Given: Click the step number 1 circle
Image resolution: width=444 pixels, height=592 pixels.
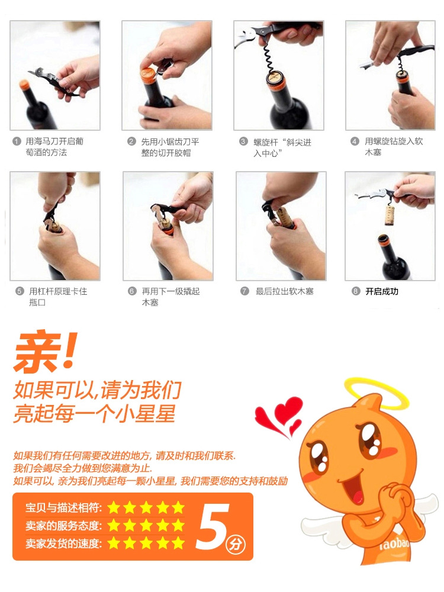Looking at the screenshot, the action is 17,141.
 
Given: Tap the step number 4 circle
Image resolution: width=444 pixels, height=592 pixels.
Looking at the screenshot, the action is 355,141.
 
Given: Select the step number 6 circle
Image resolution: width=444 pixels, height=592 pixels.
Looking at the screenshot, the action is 132,291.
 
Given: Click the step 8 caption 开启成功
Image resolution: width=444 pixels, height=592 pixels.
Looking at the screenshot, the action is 382,291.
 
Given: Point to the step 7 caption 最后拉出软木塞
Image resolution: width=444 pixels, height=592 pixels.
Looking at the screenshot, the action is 285,291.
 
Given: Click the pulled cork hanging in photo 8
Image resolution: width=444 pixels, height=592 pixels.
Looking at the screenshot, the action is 390,215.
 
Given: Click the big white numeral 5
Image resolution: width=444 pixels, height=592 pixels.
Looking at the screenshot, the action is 212,526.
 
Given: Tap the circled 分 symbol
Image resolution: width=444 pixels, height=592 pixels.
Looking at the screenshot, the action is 235,545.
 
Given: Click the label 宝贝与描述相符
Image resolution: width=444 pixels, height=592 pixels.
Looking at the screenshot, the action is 63,508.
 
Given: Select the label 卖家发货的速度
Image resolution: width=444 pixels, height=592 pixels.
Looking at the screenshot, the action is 63,543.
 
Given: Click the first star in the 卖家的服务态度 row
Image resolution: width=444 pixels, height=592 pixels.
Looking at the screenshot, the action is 114,526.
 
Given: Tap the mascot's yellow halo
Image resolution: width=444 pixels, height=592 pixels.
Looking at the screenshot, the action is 377,393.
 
